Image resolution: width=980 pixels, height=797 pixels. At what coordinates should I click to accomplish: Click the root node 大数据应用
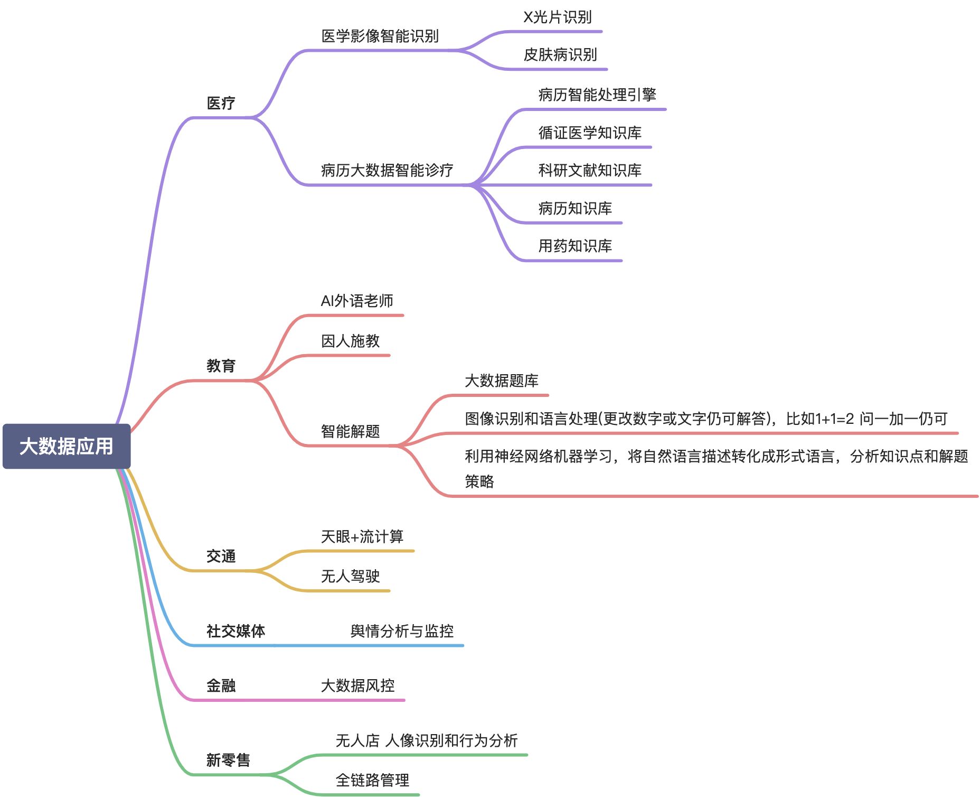click(67, 446)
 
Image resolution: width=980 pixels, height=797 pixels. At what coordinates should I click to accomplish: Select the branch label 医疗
click(221, 103)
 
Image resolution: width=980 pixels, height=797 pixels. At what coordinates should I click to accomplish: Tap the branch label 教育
click(221, 366)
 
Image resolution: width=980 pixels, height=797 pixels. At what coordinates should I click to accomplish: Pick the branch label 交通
click(221, 556)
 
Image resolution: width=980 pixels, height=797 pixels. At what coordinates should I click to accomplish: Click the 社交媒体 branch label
click(235, 631)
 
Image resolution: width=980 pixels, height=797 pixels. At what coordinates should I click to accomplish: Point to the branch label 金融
click(221, 685)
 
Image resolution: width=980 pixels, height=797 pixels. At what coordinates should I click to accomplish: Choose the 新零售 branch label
click(228, 760)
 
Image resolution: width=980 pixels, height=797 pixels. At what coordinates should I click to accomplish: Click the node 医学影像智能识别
click(380, 36)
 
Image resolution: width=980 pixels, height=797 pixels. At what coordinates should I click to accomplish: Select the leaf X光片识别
click(557, 17)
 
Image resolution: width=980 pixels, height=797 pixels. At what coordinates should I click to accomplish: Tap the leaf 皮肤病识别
click(560, 54)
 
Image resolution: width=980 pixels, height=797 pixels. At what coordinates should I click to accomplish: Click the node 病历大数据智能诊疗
click(387, 170)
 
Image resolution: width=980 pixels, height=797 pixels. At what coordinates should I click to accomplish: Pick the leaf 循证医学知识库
click(590, 133)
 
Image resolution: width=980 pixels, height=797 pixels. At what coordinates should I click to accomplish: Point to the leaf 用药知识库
click(575, 246)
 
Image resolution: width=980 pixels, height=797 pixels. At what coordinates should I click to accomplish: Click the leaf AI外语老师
click(357, 301)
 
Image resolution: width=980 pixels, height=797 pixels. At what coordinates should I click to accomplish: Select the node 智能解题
click(351, 431)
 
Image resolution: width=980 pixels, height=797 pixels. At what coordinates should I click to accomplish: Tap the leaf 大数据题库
click(502, 381)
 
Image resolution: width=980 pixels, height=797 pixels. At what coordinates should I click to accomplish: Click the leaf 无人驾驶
click(351, 576)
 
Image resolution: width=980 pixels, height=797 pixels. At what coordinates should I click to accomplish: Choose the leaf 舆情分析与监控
click(402, 631)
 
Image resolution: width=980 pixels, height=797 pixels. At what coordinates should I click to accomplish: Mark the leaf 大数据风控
click(358, 685)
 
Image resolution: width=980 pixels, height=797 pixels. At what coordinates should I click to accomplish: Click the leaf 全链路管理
click(373, 780)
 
